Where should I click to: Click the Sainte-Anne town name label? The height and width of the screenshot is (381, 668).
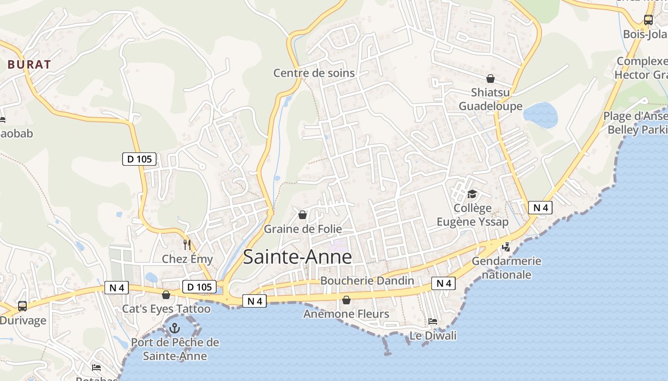[x=297, y=257]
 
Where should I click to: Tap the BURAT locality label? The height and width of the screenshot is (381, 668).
[x=29, y=65]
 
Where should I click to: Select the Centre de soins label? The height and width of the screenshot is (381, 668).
[x=314, y=73]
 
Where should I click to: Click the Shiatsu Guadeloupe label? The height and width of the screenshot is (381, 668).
[x=491, y=99]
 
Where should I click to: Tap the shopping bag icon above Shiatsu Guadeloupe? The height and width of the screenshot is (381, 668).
[x=490, y=79]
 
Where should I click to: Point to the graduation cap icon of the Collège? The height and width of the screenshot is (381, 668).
[x=472, y=194]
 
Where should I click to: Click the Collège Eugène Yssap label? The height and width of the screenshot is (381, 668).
[x=473, y=215]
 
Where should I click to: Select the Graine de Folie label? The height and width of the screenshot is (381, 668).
[x=303, y=229]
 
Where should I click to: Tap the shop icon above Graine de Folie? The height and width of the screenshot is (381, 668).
[x=302, y=215]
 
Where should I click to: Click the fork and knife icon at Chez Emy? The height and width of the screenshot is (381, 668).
[x=187, y=245]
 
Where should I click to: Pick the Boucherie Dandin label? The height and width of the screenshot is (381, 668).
[x=367, y=281]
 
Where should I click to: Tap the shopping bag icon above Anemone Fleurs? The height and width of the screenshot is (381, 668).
[x=346, y=300]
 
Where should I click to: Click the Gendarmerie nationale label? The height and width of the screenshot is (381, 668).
[x=506, y=268]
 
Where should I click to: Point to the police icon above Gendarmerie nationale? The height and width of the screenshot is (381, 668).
[x=506, y=247]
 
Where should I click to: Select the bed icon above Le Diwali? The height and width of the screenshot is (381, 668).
[x=433, y=321]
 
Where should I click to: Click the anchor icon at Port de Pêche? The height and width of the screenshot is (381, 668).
[x=175, y=328]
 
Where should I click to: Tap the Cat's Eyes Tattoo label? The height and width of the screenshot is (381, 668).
[x=166, y=309]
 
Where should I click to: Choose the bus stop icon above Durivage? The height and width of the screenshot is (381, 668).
[x=22, y=306]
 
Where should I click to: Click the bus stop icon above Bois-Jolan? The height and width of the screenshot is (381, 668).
[x=648, y=20]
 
